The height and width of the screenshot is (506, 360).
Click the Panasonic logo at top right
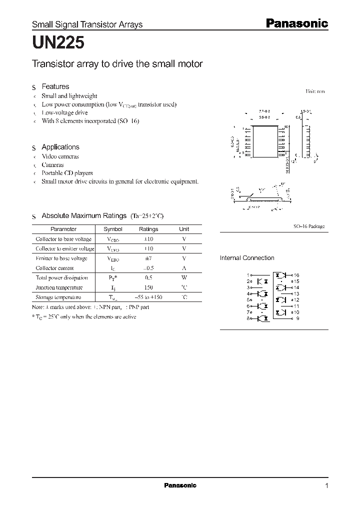point(295,23)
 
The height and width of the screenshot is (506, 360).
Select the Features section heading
point(55,86)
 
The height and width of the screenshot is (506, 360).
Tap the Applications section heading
point(60,147)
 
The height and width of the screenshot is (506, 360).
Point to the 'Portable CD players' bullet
point(67,173)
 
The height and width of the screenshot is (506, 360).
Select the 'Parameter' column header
point(64,229)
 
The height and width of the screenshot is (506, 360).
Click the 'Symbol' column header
point(112,229)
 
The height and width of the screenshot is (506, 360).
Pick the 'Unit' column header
point(184,229)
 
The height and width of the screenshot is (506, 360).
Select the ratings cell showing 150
point(148,287)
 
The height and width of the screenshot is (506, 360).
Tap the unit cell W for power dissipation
point(184,277)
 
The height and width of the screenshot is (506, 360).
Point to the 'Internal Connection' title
point(247,258)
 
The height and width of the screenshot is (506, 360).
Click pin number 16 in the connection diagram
point(296,275)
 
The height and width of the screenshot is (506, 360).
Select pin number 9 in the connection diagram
point(297,318)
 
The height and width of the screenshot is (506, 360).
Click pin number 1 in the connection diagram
point(247,275)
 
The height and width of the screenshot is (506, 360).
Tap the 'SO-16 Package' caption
point(308,226)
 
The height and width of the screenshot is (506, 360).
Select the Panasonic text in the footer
point(180,485)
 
